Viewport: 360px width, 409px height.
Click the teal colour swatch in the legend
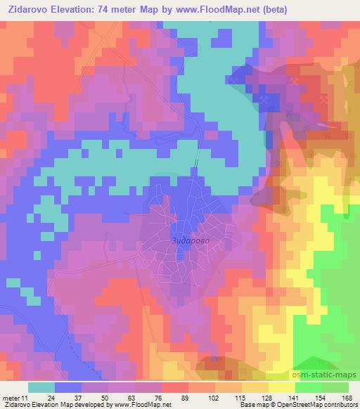coord(41,387)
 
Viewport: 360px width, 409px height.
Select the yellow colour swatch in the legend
coord(281,387)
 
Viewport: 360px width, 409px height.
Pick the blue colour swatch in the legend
coord(68,387)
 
